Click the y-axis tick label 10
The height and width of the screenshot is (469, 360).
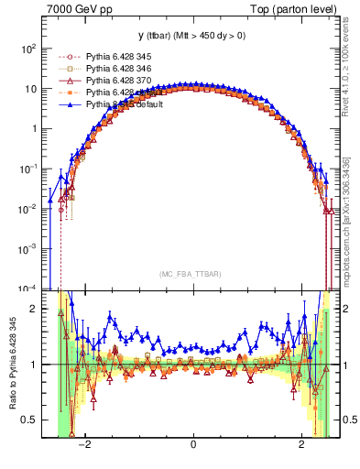pos(31,89)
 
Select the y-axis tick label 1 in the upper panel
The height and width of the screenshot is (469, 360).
pos(34,129)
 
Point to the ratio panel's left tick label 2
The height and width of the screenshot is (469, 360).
pos(35,309)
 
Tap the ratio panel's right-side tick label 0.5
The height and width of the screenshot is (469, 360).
pos(347,420)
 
